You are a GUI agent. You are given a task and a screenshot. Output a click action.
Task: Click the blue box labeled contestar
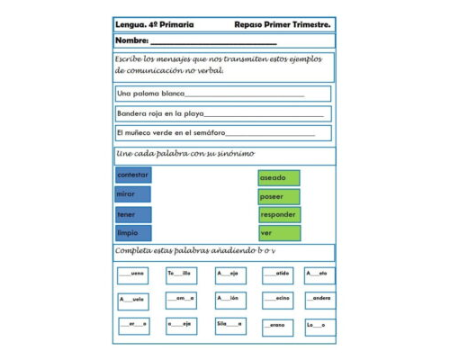pos(133,175)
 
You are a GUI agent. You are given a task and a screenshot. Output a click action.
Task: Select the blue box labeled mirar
pos(133,194)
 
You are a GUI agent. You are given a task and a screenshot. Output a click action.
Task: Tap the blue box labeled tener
pos(133,215)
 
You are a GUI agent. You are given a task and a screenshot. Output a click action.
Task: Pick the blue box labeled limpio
pos(133,233)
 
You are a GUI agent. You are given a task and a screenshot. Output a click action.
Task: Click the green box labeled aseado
pos(278,178)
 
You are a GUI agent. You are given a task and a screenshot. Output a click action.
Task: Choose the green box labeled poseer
pos(278,196)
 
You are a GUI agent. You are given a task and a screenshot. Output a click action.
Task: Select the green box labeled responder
pos(279,215)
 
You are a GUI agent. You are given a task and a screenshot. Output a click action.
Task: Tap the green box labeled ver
pos(278,233)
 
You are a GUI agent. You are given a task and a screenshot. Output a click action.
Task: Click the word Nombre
pos(131,41)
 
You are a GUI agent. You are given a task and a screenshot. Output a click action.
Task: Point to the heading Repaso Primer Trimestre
pos(282,24)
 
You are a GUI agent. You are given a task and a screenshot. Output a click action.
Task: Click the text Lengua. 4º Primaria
pos(148,24)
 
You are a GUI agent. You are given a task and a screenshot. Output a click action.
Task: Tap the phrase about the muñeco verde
pos(171,133)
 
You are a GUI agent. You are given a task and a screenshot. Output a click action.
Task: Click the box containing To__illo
pos(180,273)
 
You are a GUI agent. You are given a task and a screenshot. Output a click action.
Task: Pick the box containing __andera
pos(319,298)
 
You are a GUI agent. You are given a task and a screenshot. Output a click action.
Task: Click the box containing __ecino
pos(277,298)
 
